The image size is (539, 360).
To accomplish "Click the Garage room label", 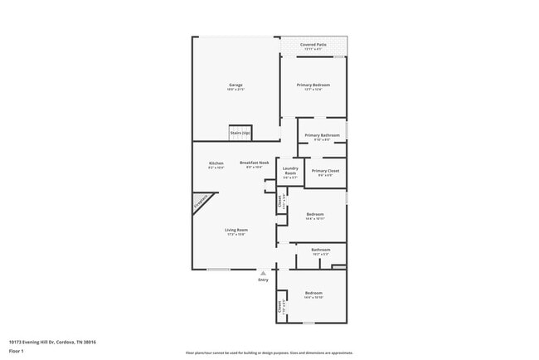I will point(236,85).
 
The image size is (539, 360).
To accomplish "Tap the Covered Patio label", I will point(313,45).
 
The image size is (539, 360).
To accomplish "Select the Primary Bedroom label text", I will point(314,85).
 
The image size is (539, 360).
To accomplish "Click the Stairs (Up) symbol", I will point(240,133).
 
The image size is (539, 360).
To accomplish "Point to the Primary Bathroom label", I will point(322,135).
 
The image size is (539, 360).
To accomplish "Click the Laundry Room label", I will point(289,172).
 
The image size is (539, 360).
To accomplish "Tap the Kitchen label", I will point(216,163).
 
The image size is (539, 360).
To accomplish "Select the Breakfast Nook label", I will point(255,163).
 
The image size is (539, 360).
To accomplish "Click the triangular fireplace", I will point(202,206).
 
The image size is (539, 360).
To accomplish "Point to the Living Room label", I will point(236,230).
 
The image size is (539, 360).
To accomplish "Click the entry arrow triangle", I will point(263,271).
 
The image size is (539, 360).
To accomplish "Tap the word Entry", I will point(263,280).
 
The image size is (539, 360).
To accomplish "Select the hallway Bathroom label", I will point(321,250).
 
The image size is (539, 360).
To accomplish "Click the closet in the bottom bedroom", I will point(280,306).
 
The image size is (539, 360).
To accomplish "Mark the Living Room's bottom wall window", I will point(218,270).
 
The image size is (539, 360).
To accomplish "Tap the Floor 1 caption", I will point(17,351).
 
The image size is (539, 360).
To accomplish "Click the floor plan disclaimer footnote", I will point(269,352).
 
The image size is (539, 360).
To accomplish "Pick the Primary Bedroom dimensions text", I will point(314,90).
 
